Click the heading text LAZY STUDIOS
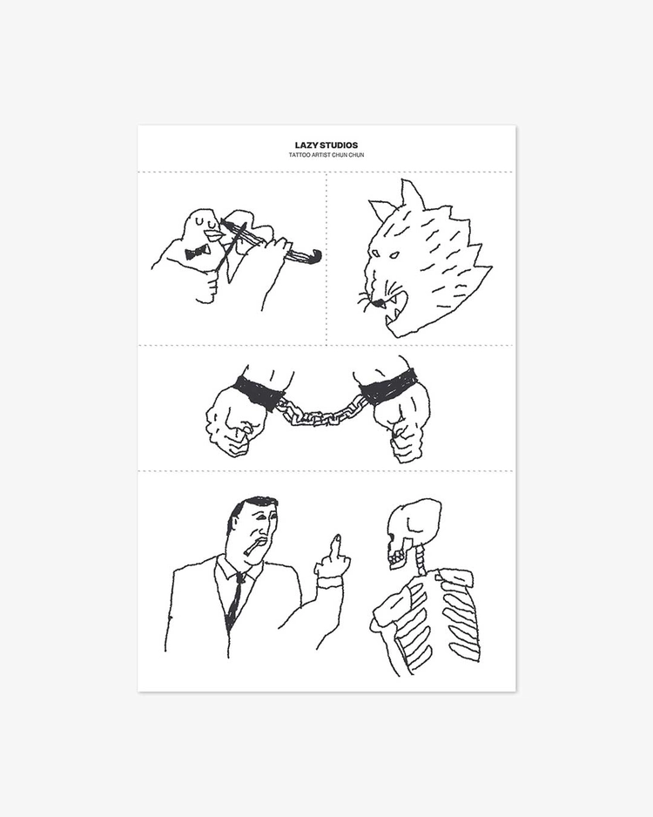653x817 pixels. coord(326,145)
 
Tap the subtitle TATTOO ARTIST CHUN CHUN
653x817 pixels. coord(326,155)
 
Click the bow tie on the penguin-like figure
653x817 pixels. coord(198,253)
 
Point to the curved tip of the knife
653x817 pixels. coord(317,256)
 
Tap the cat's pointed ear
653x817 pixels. coord(411,195)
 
